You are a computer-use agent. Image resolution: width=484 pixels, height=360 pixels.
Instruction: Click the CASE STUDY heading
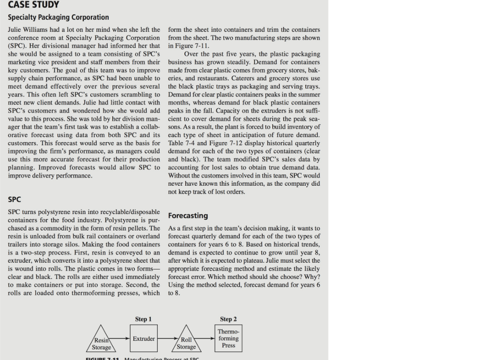click(x=33, y=5)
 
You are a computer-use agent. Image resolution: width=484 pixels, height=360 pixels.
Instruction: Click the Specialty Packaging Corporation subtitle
click(x=58, y=17)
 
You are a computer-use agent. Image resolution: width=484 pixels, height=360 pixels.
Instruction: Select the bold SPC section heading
click(x=15, y=199)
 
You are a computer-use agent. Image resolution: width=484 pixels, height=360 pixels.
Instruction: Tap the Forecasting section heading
click(x=188, y=215)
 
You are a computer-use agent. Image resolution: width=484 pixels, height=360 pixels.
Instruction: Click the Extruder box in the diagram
click(x=144, y=339)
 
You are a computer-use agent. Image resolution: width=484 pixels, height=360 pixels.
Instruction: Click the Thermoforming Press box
click(x=228, y=338)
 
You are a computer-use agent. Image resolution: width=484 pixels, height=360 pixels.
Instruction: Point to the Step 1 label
click(x=143, y=319)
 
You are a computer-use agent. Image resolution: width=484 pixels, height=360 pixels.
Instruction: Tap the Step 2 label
click(x=228, y=319)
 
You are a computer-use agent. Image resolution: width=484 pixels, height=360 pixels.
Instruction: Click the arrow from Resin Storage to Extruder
click(x=121, y=339)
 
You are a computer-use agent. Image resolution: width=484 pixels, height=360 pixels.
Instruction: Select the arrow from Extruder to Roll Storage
click(x=167, y=339)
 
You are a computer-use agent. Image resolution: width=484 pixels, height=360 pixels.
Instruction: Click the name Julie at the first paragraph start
click(x=16, y=30)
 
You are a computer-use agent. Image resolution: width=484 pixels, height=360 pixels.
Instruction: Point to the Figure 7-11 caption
click(x=142, y=358)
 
